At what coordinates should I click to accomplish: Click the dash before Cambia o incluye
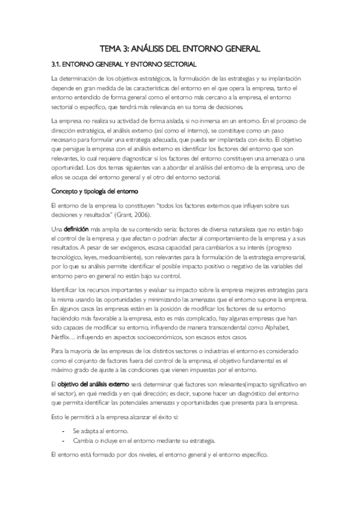pyautogui.click(x=64, y=440)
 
